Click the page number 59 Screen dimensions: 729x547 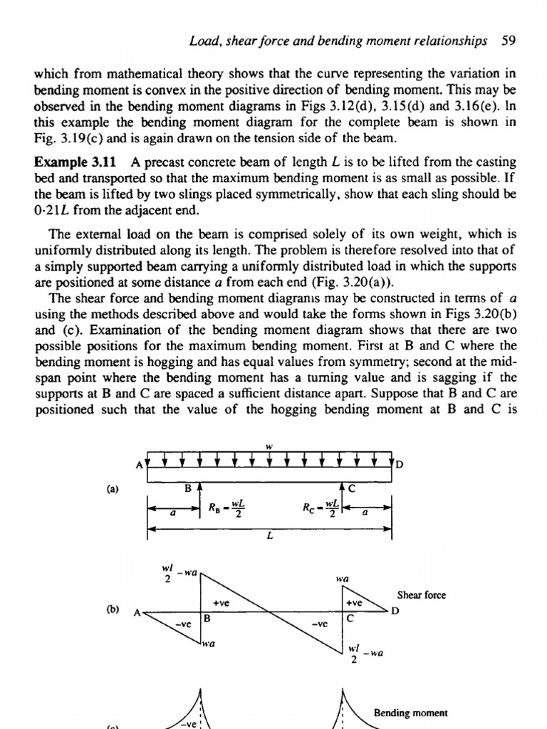[508, 41]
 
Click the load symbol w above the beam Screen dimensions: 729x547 [269, 446]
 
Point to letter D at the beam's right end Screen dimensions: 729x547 [400, 465]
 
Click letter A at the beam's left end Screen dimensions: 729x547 [140, 465]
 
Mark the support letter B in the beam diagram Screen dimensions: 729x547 [189, 488]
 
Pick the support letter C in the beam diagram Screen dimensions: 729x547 [351, 488]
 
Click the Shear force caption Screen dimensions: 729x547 [421, 595]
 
